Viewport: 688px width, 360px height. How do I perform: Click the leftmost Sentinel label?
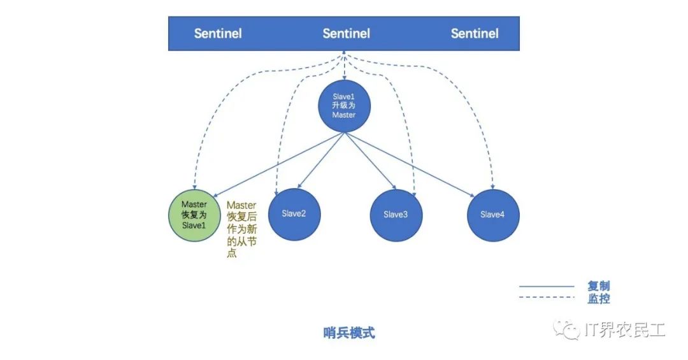(x=218, y=33)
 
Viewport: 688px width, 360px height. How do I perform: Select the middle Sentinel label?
(x=346, y=33)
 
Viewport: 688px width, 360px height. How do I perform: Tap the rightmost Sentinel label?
(x=475, y=33)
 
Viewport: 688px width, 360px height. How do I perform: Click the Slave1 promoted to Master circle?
(x=343, y=106)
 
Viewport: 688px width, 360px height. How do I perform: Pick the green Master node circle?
(x=194, y=215)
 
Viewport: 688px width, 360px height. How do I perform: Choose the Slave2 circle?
(x=294, y=214)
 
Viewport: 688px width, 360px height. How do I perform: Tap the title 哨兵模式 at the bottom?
(x=349, y=333)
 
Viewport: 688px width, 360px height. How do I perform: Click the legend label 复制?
(x=598, y=286)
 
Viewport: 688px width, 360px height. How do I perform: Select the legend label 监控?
(x=598, y=298)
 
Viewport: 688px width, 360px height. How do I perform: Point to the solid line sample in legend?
(x=547, y=286)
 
